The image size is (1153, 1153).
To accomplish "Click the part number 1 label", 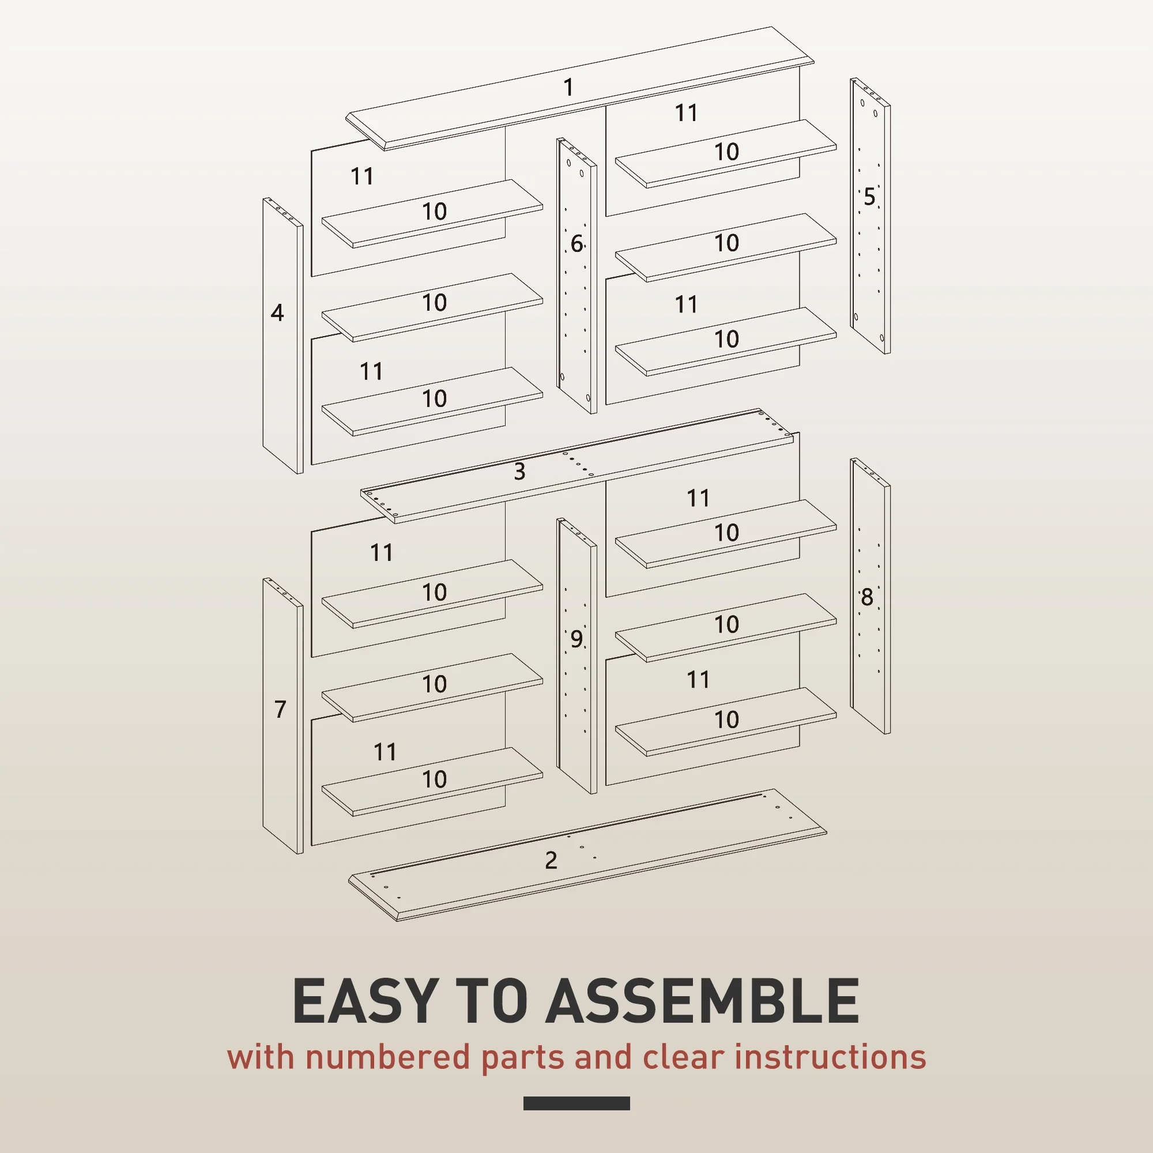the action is point(568,87).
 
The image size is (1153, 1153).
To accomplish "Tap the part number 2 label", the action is point(551,860).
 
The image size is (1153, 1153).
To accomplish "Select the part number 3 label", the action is point(519,472).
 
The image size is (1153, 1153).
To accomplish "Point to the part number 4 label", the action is point(277,312).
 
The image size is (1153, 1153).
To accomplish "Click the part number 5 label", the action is point(869,197).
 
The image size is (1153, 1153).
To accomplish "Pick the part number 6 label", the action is point(576,243).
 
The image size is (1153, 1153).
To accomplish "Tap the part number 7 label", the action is point(280,709).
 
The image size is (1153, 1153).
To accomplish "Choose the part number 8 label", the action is point(866,597).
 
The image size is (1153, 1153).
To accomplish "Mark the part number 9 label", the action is point(576,639).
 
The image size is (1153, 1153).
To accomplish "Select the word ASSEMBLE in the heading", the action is point(702,1001).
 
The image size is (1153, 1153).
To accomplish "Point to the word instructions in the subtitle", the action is point(830,1057).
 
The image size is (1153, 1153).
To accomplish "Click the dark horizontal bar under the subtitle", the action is point(576,1103).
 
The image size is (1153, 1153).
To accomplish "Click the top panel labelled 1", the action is point(580,88).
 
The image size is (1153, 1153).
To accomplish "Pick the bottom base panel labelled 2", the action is point(588,855).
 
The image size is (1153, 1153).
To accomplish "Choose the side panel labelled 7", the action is point(283,716).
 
